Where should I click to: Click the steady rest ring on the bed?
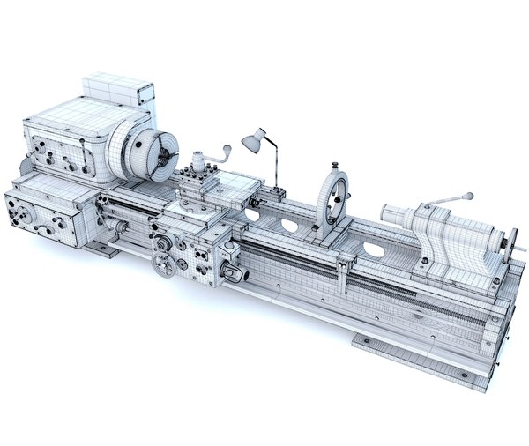pos(332,202)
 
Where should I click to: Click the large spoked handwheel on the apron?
pos(164,264)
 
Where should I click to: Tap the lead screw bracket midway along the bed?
pos(347,264)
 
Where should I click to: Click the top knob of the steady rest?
pos(334,167)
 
